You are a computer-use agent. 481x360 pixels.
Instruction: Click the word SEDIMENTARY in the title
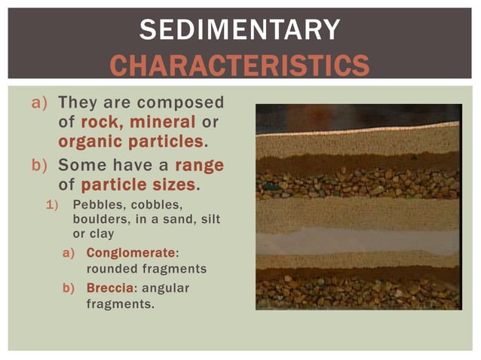click(x=240, y=29)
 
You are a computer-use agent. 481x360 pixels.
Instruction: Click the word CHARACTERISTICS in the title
click(x=240, y=65)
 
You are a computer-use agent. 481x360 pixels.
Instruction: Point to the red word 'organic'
click(x=85, y=142)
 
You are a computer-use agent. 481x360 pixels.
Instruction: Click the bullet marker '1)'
click(x=54, y=205)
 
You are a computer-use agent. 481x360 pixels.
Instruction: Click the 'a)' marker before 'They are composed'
click(x=39, y=102)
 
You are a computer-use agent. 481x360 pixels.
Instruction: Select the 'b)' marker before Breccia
click(x=70, y=288)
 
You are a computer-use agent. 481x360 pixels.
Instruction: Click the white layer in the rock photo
click(x=357, y=239)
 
